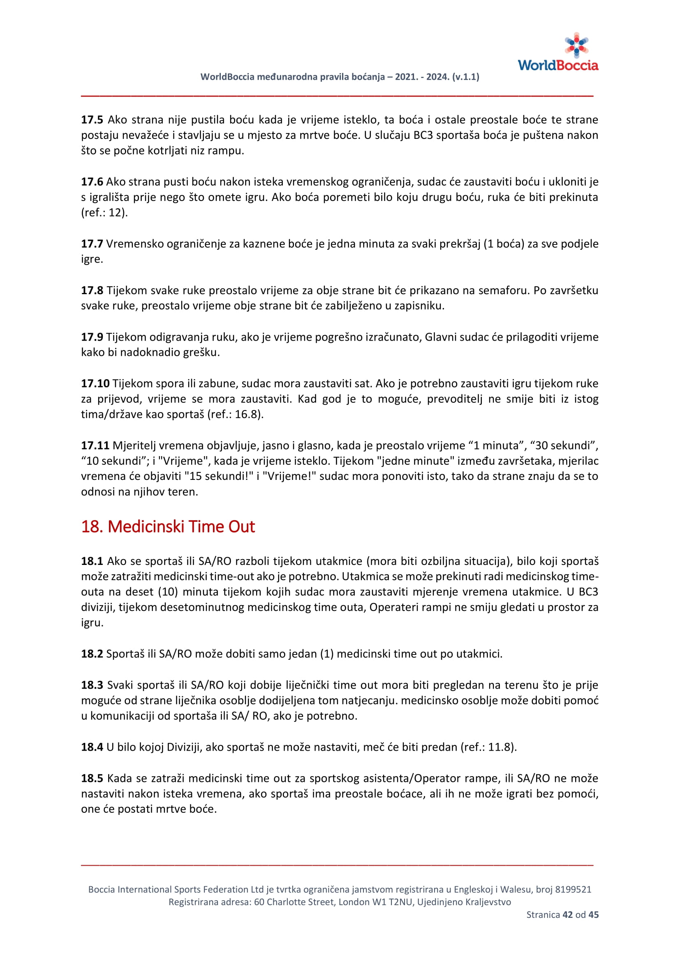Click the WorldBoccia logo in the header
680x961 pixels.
click(x=558, y=52)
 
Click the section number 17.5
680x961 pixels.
click(x=92, y=120)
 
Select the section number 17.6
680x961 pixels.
click(x=92, y=182)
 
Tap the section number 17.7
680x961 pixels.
click(x=92, y=244)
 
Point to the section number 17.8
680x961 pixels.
click(x=92, y=290)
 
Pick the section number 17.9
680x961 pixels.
click(x=92, y=336)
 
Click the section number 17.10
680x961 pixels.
click(x=95, y=383)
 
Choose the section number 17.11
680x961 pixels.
click(x=95, y=445)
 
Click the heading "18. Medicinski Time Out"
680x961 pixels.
click(x=168, y=526)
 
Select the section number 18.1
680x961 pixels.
click(x=92, y=561)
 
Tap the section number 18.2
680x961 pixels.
click(x=92, y=653)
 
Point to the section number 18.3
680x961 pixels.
click(x=92, y=685)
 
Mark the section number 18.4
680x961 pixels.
click(x=92, y=747)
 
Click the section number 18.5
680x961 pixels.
click(x=92, y=778)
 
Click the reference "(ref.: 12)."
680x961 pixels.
click(x=104, y=213)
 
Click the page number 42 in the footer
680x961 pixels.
click(x=567, y=915)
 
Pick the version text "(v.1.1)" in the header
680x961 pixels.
click(x=466, y=76)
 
